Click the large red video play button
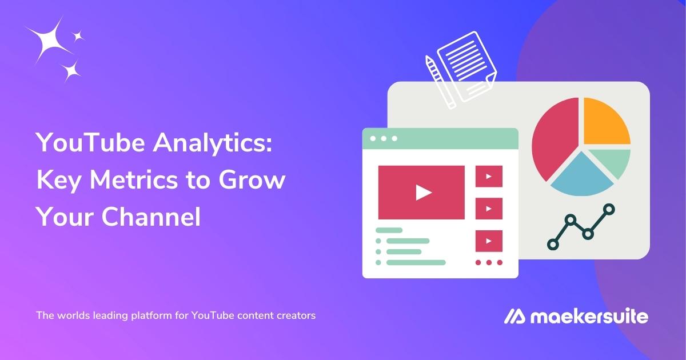pos(422,191)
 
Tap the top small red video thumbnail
pos(489,176)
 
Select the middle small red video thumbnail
pos(489,208)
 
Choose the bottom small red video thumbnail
pos(489,241)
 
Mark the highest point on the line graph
pos(609,210)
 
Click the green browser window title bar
pos(440,138)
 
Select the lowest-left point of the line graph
pos(553,244)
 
